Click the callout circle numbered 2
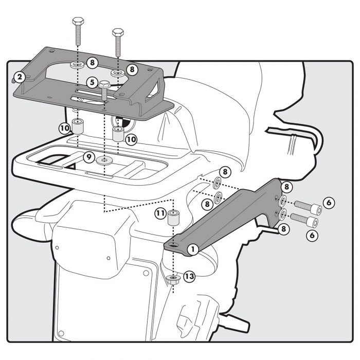(19, 78)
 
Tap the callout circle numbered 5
(92, 82)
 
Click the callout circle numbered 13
(189, 277)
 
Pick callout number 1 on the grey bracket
(193, 249)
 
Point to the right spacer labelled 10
(118, 135)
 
